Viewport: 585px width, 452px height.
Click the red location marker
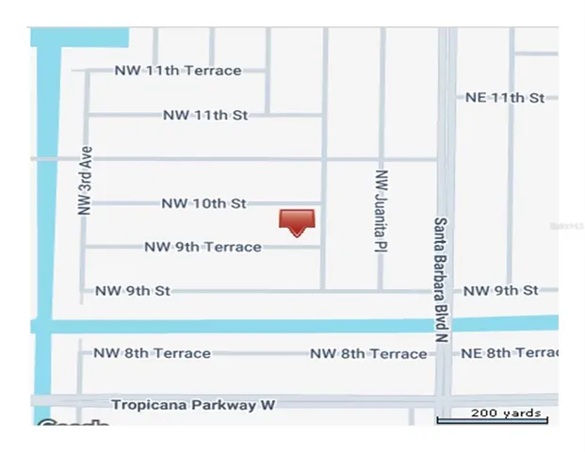click(x=296, y=221)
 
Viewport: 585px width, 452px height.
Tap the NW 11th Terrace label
click(x=178, y=71)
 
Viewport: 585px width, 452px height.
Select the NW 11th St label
click(x=205, y=116)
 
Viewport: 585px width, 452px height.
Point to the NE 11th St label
click(x=506, y=98)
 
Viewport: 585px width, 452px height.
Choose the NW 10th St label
click(x=203, y=203)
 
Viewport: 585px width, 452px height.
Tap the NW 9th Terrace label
click(x=203, y=247)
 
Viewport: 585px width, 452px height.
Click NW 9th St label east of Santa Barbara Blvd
click(x=501, y=291)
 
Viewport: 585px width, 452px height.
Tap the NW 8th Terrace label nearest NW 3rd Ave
click(x=152, y=353)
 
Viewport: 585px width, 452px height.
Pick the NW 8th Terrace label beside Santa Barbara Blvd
click(x=368, y=354)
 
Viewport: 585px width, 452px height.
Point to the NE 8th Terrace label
click(x=510, y=353)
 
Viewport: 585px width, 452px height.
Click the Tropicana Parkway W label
click(x=193, y=405)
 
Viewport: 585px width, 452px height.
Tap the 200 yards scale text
click(x=506, y=412)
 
